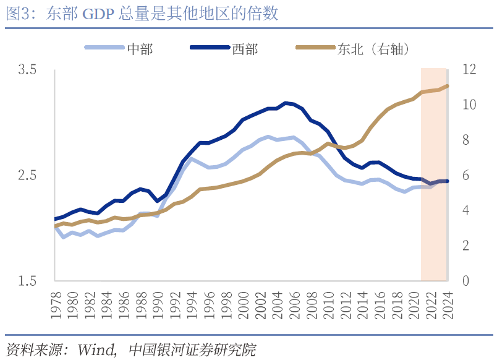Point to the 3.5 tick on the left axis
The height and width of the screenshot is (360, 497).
click(27, 70)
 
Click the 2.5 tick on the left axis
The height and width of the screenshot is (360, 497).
click(27, 176)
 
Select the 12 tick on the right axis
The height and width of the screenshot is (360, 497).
click(467, 70)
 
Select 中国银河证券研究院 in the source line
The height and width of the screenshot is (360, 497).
click(192, 349)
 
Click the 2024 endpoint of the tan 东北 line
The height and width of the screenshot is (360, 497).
click(448, 86)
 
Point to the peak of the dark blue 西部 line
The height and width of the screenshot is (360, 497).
click(285, 103)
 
